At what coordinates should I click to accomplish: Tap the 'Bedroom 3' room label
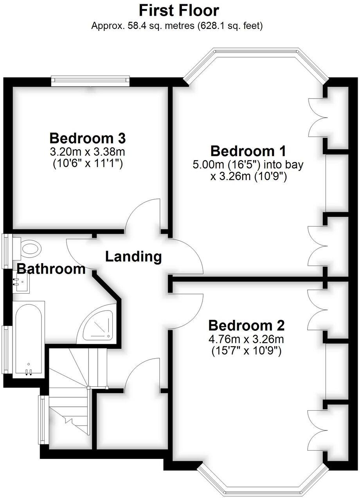point(88,138)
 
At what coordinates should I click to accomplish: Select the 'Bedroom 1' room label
point(248,151)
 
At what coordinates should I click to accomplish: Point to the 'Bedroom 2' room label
point(246,325)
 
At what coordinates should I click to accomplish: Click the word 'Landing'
point(133,257)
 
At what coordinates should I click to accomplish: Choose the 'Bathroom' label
point(51,269)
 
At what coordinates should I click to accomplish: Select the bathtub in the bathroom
point(28,338)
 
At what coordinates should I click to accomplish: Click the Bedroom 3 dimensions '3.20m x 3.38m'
point(88,151)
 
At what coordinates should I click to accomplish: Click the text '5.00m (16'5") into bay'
point(248,164)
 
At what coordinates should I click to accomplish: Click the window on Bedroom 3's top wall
point(90,81)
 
